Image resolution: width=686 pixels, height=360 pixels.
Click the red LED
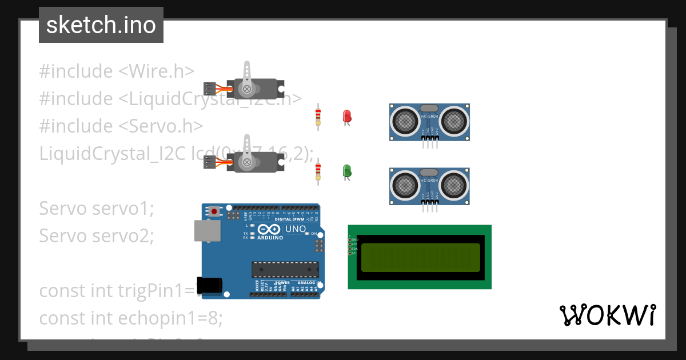tap(346, 116)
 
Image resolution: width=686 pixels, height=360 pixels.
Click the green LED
tap(346, 170)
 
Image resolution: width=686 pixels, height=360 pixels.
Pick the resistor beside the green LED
tap(318, 172)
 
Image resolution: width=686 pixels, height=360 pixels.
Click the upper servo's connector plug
tap(210, 89)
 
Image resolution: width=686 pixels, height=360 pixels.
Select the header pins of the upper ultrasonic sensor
tap(430, 145)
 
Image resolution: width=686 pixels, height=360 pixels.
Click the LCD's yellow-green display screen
tap(420, 257)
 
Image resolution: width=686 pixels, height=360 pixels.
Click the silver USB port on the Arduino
tap(206, 231)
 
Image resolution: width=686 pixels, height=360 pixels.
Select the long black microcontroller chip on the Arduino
tap(285, 270)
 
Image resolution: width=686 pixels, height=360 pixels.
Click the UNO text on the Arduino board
tap(296, 229)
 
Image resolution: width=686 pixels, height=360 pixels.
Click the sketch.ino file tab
tap(101, 25)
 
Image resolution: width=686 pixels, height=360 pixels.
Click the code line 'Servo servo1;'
tap(97, 209)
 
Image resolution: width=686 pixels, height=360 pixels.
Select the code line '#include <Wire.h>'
tap(117, 71)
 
